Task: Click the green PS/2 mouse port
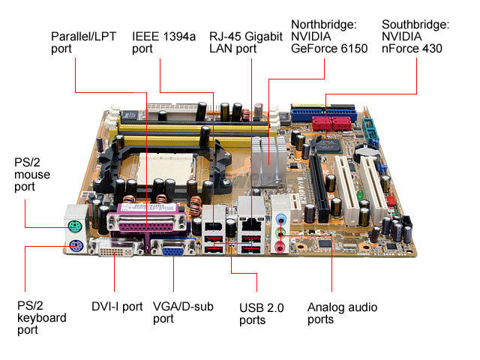click(x=75, y=226)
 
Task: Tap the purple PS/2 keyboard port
click(x=76, y=245)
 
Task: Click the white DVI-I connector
click(x=116, y=248)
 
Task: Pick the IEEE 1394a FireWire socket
click(x=214, y=226)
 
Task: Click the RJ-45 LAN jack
click(x=252, y=225)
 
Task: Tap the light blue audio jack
click(x=280, y=219)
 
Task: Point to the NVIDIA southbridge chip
click(x=326, y=145)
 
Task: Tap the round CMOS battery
click(x=367, y=153)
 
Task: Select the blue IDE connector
click(x=324, y=113)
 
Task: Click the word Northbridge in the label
click(x=323, y=25)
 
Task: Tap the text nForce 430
click(x=412, y=48)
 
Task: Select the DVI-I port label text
click(x=117, y=307)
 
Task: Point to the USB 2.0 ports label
click(x=262, y=314)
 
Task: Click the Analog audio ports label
click(x=342, y=313)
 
